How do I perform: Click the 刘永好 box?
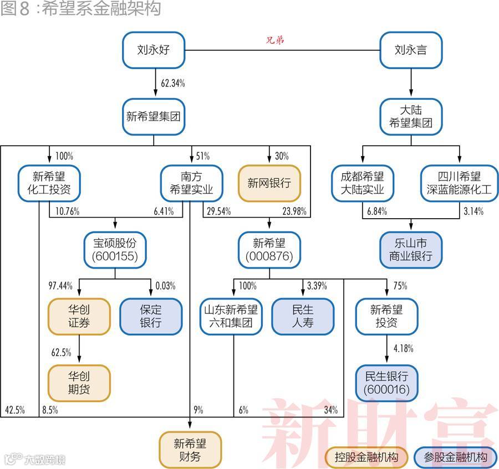(153, 51)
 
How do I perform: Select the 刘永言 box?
(411, 51)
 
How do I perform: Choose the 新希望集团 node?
(153, 117)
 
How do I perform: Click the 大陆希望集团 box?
(411, 117)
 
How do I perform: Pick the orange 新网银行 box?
(269, 183)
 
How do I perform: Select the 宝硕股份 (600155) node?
(115, 249)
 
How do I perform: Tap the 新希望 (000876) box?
(269, 249)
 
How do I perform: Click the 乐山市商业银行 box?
(411, 250)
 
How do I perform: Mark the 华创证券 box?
(79, 316)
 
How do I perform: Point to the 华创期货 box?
(79, 383)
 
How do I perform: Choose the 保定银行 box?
(151, 316)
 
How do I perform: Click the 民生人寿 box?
(303, 316)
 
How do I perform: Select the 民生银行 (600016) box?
(386, 383)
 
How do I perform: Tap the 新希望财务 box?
(190, 450)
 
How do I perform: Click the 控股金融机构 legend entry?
(366, 457)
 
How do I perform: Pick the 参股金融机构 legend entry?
(455, 457)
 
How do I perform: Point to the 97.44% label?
(61, 286)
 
